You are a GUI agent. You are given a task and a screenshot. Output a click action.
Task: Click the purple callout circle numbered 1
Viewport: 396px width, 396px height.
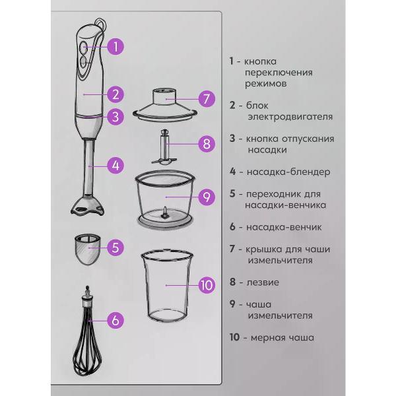(x=115, y=46)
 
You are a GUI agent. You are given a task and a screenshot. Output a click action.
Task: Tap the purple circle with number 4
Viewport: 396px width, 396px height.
(x=115, y=166)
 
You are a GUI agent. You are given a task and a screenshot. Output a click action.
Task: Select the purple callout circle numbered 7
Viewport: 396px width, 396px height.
(x=207, y=99)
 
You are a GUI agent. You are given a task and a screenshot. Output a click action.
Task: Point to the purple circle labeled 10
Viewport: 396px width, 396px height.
(x=207, y=285)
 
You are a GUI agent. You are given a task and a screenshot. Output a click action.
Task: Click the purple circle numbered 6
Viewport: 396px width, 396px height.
(x=115, y=320)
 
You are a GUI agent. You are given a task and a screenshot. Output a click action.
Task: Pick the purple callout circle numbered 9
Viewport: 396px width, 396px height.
(x=207, y=197)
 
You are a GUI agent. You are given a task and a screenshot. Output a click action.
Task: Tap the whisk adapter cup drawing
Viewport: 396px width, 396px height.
(x=87, y=249)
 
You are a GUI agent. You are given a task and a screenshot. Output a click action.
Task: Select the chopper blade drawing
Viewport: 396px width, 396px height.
(x=164, y=147)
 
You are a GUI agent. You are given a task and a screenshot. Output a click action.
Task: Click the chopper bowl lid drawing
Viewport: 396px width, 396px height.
(x=165, y=106)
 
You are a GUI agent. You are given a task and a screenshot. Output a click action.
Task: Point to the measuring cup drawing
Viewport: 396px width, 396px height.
(x=167, y=286)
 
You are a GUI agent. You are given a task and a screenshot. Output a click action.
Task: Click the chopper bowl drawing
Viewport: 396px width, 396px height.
(x=166, y=199)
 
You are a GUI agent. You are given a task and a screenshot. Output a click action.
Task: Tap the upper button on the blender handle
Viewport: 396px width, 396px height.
(x=83, y=47)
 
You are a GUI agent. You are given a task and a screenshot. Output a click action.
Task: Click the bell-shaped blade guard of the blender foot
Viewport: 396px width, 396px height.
(x=87, y=206)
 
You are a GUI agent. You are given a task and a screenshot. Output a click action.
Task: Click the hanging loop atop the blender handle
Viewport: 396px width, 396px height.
(x=101, y=23)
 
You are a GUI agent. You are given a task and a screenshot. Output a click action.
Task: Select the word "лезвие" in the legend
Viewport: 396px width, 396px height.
(x=263, y=282)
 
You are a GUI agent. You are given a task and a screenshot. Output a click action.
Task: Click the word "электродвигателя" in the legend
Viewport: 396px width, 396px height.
(x=290, y=117)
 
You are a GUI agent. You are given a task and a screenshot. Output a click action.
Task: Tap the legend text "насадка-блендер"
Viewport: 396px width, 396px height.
(x=288, y=172)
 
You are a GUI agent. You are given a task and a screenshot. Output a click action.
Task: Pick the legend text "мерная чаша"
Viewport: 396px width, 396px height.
(x=282, y=338)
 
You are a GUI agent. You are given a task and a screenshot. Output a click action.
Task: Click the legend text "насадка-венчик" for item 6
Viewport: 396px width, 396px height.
(x=284, y=227)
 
